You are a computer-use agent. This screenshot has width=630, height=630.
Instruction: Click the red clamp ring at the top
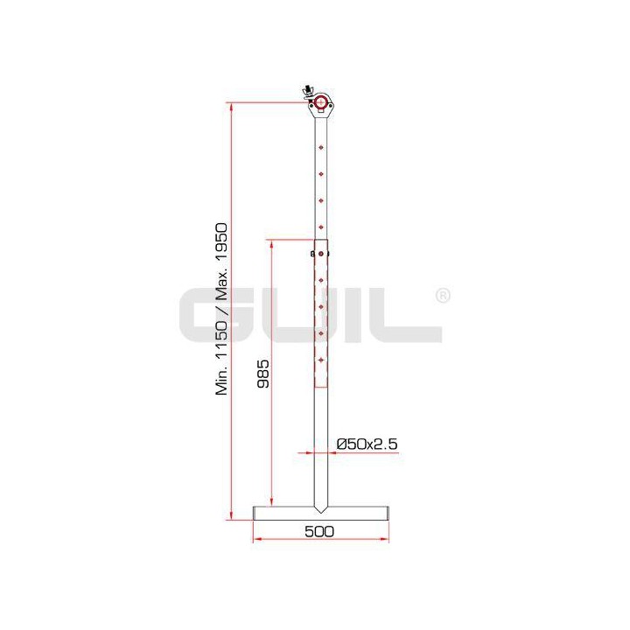tap(322, 103)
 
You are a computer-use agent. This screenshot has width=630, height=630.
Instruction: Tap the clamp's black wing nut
tap(307, 91)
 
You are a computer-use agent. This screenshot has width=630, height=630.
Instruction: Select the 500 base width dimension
tap(321, 531)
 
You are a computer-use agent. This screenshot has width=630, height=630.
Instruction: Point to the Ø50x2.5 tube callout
tap(367, 444)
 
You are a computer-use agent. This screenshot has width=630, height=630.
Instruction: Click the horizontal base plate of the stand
tap(321, 511)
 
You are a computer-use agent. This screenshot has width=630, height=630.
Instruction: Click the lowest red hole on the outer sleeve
tap(322, 359)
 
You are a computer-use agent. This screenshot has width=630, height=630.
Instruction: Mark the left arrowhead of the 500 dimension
tap(256, 538)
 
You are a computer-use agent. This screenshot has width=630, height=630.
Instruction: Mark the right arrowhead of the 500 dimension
tap(386, 538)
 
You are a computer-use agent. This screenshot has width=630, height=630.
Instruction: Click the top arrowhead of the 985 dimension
tap(272, 241)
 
